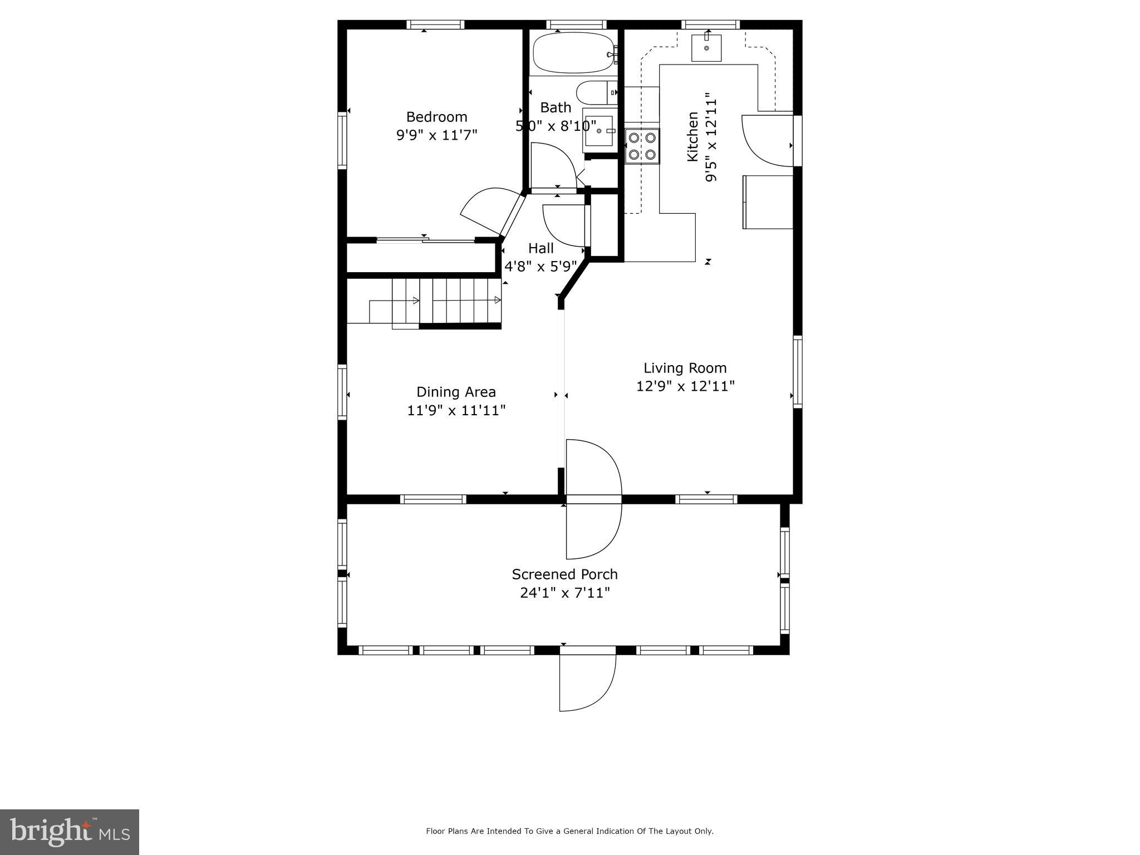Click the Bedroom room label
coord(436,117)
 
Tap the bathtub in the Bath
coord(574,53)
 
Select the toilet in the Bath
coord(596,92)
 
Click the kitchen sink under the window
coord(706,48)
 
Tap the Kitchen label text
coord(692,137)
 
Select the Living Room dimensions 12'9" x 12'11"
coord(685,386)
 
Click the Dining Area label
coord(456,392)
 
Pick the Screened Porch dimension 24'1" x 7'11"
coord(565,593)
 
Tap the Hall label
coord(540,248)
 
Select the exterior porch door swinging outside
coord(587,682)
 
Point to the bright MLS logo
coord(70,832)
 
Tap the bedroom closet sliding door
coord(426,240)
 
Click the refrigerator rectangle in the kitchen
coord(768,202)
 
